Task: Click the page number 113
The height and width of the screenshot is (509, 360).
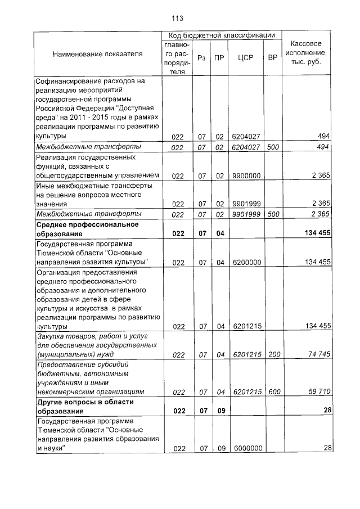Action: click(178, 18)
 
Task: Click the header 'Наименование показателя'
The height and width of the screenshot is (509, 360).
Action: click(98, 53)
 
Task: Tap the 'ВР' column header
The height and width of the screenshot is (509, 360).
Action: click(273, 57)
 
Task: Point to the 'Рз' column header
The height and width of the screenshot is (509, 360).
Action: click(201, 57)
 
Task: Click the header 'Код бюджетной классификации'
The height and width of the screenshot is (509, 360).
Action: click(222, 35)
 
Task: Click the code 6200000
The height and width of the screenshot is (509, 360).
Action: click(246, 262)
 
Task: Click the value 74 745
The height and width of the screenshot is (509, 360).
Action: click(318, 355)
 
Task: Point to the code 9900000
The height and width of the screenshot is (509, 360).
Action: click(246, 176)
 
